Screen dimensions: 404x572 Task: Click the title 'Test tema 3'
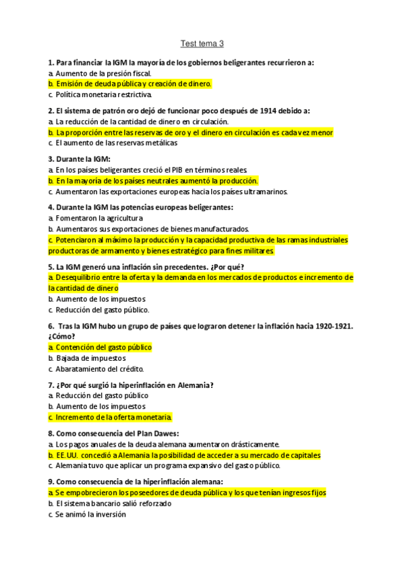tap(202, 44)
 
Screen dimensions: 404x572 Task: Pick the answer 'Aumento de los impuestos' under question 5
tap(100, 299)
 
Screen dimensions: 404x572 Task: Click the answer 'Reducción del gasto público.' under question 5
tap(103, 310)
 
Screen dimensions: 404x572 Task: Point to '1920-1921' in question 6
tap(326, 326)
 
